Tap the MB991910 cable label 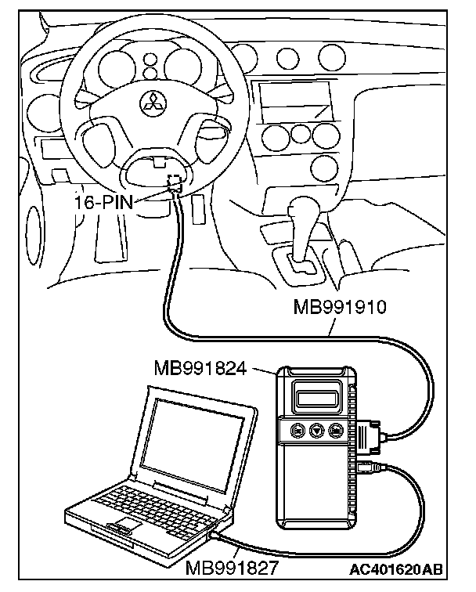pyautogui.click(x=341, y=308)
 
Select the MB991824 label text pyautogui.click(x=200, y=367)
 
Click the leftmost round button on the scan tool pyautogui.click(x=297, y=431)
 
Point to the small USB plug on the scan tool pyautogui.click(x=367, y=468)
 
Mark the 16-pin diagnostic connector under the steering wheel pyautogui.click(x=174, y=185)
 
